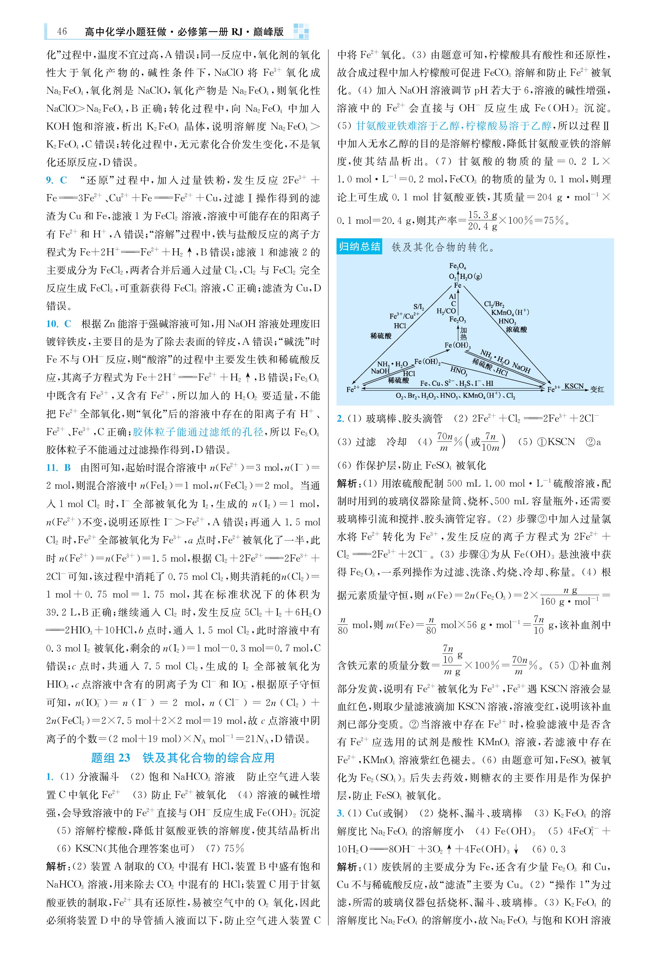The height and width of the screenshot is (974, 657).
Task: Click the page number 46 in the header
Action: (x=62, y=32)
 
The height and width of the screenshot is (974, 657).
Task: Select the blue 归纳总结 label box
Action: (x=359, y=246)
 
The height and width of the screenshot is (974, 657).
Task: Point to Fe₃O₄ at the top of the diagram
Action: (x=457, y=266)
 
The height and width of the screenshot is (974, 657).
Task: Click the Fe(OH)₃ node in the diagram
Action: (x=457, y=345)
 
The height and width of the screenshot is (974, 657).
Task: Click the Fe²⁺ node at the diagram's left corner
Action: (x=353, y=389)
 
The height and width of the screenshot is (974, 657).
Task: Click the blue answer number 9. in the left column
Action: (x=50, y=180)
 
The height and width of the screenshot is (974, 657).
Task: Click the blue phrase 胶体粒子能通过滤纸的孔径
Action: (x=198, y=432)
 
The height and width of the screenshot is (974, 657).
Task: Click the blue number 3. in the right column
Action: (x=340, y=813)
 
